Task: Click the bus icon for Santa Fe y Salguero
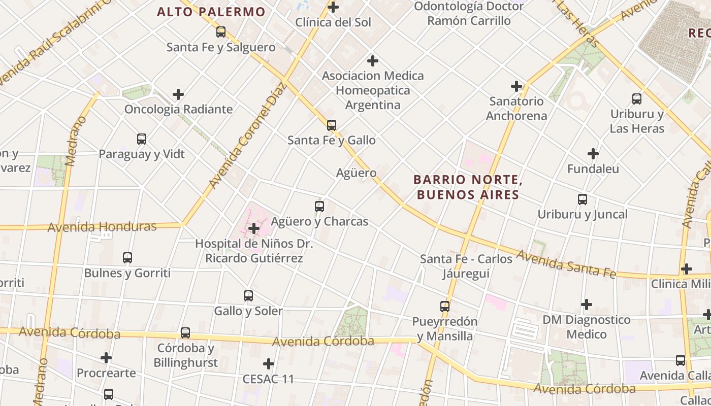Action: point(221,32)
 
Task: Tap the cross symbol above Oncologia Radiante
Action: point(178,94)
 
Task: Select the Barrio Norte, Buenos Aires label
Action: point(467,187)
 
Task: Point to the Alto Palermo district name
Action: point(211,12)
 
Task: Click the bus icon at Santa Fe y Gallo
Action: point(332,125)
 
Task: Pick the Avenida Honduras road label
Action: point(102,227)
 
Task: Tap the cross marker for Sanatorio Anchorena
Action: point(516,86)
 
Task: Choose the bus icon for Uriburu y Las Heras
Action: point(637,99)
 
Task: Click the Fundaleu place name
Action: point(593,169)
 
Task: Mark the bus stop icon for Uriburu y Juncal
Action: point(583,199)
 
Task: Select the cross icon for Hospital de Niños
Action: point(254,228)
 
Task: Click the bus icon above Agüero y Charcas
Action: point(319,207)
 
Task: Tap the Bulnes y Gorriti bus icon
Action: point(127,258)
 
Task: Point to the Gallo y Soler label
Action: point(248,311)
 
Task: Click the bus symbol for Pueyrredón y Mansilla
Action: point(445,307)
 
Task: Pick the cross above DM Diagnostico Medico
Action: point(587,304)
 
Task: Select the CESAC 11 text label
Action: point(268,379)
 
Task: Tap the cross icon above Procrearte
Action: point(106,358)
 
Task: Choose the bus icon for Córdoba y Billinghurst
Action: point(185,333)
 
